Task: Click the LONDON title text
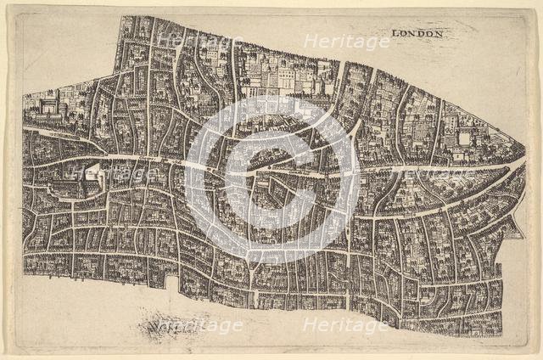(x=418, y=34)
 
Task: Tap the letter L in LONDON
(x=395, y=34)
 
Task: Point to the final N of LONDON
(x=440, y=34)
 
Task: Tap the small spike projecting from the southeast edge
(x=516, y=228)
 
